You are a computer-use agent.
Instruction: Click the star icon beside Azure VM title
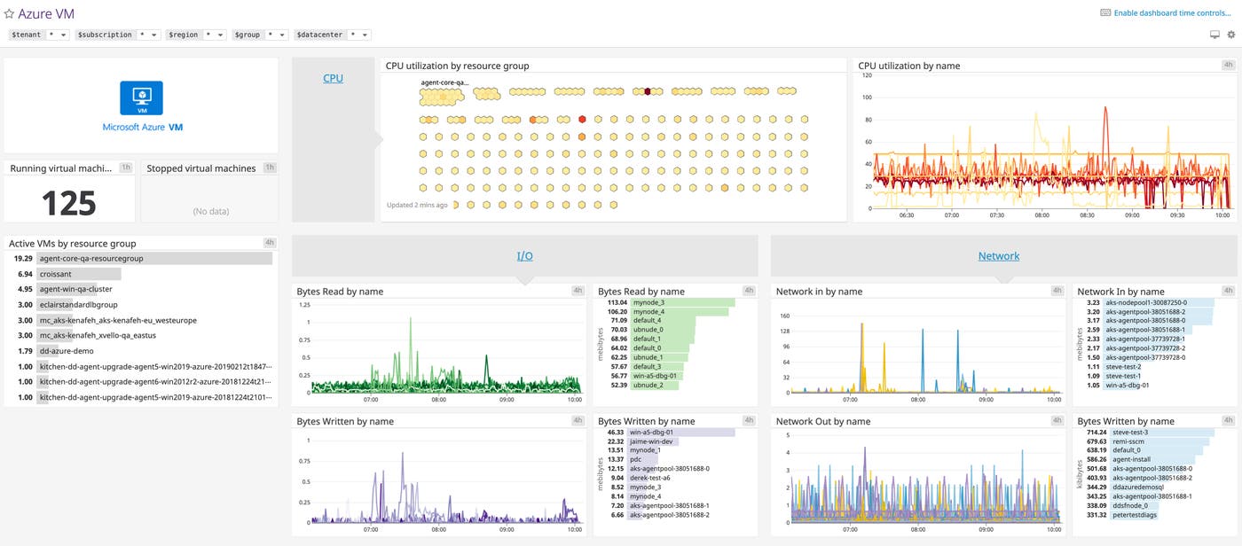click(x=10, y=14)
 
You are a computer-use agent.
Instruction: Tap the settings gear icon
click(x=1230, y=35)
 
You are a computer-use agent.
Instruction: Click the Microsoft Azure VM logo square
click(x=142, y=97)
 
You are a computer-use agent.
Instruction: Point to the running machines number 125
click(x=69, y=203)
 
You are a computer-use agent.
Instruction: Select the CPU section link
click(x=333, y=78)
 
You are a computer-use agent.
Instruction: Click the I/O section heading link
click(x=525, y=256)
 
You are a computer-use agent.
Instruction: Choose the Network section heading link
click(x=999, y=256)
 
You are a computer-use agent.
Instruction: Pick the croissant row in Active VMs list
click(x=55, y=274)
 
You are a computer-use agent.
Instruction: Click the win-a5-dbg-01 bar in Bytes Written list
click(x=681, y=432)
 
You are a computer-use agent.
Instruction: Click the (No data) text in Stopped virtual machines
click(x=209, y=211)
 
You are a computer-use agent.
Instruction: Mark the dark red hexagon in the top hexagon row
click(x=648, y=90)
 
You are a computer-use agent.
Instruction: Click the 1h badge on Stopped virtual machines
click(x=270, y=168)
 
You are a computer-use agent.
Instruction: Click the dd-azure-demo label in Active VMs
click(x=65, y=351)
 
